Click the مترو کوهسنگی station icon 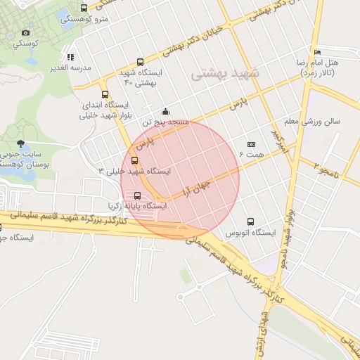point(84,8)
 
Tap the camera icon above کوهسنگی point(26,32)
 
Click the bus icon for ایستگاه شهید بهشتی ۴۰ point(140,62)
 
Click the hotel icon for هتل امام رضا point(318,52)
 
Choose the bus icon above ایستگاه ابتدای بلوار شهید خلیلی point(105,94)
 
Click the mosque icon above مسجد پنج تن point(165,111)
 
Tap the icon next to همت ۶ point(251,144)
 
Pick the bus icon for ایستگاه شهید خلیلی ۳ point(135,160)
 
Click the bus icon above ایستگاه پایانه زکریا point(136,195)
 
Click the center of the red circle point(180,180)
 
